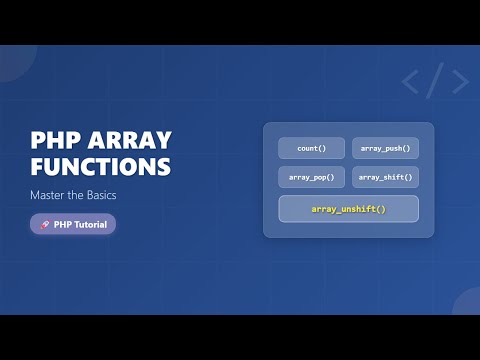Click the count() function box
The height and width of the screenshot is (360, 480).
pos(311,148)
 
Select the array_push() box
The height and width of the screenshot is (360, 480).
pos(385,148)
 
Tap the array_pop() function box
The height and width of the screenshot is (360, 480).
pos(311,177)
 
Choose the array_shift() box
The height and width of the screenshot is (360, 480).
pos(385,177)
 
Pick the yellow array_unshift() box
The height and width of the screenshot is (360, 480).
pos(348,209)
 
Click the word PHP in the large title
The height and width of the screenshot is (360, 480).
pos(56,140)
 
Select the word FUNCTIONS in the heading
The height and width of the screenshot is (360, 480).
pos(100,166)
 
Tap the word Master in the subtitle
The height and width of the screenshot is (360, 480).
pos(52,195)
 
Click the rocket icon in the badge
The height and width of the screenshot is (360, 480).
pos(45,225)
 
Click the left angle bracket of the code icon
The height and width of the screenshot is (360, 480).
pos(411,82)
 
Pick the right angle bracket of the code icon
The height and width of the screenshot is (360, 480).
pos(459,82)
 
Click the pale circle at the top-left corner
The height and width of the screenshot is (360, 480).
pos(12,60)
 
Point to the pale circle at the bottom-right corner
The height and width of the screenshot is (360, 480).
pos(468,304)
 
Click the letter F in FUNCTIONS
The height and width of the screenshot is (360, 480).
pos(38,166)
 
